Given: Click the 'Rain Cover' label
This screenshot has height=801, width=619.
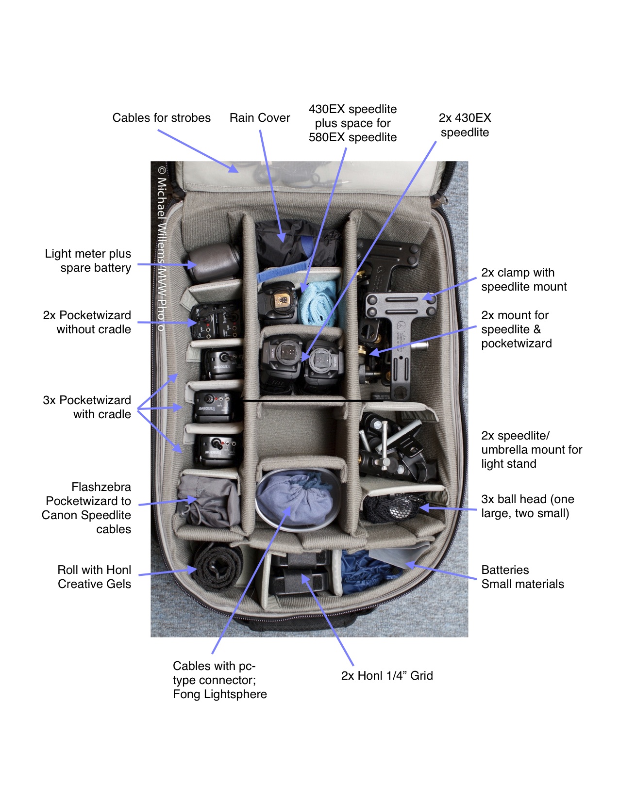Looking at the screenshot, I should click(259, 118).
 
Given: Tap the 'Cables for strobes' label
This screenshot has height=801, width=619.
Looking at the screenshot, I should click(161, 118).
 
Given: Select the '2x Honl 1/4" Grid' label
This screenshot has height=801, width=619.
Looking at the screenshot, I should click(386, 675).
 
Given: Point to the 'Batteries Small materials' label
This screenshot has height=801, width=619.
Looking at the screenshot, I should click(522, 577).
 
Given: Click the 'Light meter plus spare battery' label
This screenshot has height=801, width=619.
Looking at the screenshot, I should click(88, 261).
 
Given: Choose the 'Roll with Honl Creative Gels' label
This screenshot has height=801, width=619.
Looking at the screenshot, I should click(94, 577).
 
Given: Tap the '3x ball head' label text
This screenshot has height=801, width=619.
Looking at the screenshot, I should click(527, 506).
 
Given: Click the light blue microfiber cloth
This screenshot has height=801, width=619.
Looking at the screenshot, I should click(318, 303).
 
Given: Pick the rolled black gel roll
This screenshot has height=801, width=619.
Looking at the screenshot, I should click(218, 567).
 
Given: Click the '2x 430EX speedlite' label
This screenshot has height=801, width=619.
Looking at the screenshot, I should click(465, 125).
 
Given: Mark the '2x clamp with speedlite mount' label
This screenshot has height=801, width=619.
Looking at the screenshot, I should click(523, 279).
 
